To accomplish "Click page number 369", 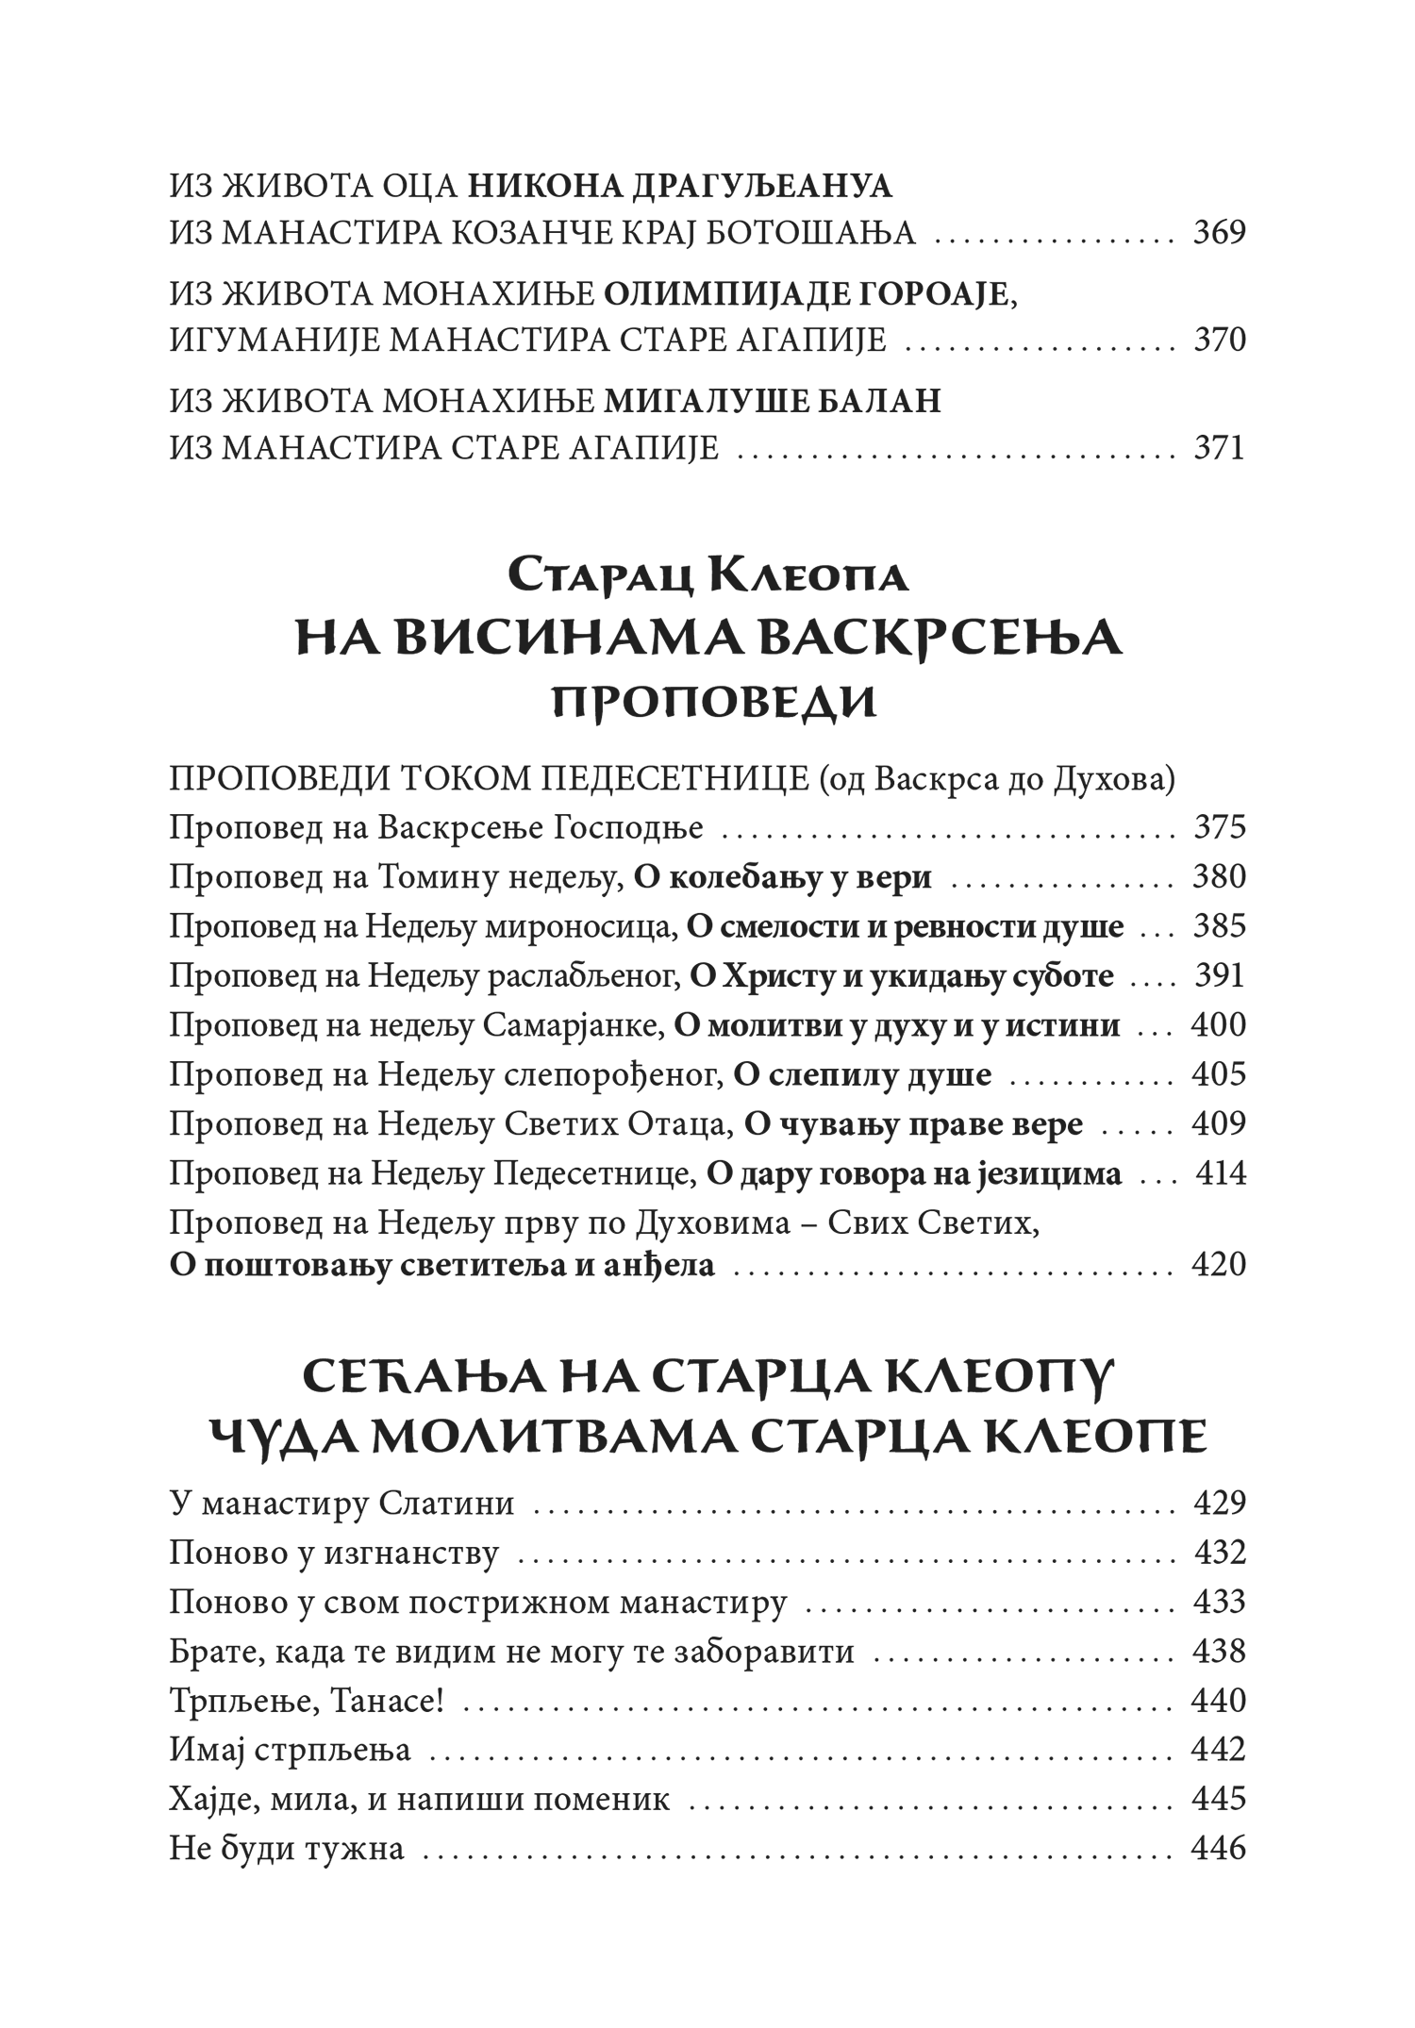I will [1219, 232].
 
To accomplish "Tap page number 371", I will [1219, 447].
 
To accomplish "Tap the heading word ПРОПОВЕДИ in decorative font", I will [713, 702].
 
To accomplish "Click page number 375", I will [1219, 827].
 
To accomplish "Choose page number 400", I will [1219, 1025].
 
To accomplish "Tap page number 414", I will [1221, 1173].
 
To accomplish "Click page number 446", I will [1219, 1848].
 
